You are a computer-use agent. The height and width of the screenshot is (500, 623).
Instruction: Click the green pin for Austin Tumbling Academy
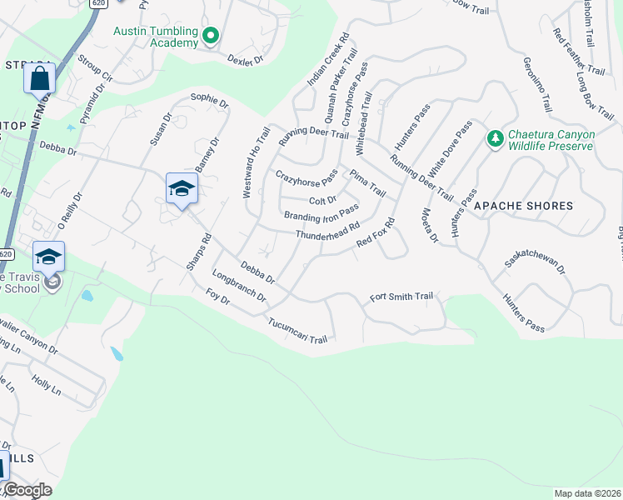(211, 35)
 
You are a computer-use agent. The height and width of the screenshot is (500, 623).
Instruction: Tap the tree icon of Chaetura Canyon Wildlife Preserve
(494, 137)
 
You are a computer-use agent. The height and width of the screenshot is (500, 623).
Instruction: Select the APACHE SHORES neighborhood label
(523, 205)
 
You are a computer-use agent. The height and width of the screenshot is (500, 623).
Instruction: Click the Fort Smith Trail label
(402, 297)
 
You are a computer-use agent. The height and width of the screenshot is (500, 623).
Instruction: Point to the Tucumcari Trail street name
(298, 329)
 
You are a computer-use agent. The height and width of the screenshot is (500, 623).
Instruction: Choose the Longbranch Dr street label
(238, 286)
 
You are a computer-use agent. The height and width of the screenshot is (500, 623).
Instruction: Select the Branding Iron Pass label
(321, 213)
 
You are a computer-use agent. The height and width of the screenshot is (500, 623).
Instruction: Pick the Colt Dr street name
(322, 200)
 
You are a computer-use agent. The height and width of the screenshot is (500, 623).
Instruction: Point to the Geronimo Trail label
(537, 84)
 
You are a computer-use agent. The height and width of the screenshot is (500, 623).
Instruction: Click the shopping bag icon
(39, 80)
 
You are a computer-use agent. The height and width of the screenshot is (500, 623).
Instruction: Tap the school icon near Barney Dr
(181, 189)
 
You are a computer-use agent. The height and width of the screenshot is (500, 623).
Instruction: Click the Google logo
(27, 490)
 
